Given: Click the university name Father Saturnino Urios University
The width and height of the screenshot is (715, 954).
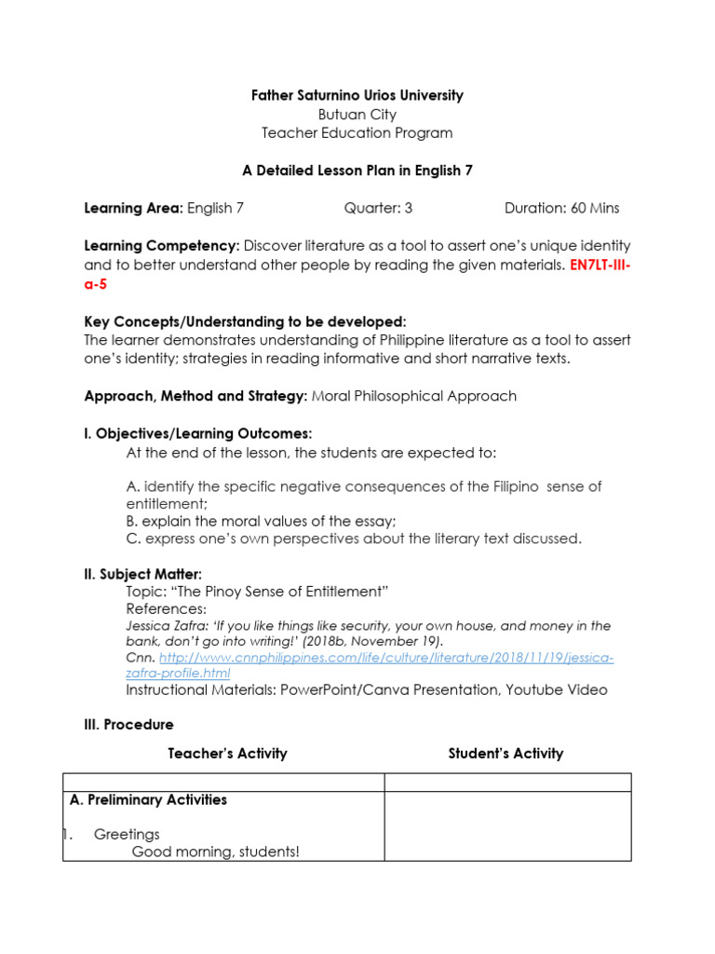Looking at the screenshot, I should pyautogui.click(x=357, y=96).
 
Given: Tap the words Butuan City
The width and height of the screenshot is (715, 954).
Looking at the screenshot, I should pyautogui.click(x=357, y=115).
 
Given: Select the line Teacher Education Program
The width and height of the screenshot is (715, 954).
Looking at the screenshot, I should pyautogui.click(x=357, y=133).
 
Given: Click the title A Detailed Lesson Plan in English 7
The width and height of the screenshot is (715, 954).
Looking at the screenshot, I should pyautogui.click(x=357, y=170).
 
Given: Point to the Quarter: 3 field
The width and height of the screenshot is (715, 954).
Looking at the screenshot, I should pyautogui.click(x=378, y=208).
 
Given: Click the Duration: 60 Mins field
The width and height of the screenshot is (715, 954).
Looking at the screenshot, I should pyautogui.click(x=561, y=208).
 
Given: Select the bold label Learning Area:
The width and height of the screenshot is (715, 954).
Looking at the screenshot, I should pyautogui.click(x=134, y=208).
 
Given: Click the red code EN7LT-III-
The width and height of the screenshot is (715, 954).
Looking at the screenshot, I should pyautogui.click(x=600, y=265).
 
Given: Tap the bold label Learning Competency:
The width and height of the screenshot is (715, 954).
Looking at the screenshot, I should pyautogui.click(x=162, y=246).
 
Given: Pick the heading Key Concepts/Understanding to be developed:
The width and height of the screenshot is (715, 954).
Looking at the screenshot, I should pyautogui.click(x=245, y=321).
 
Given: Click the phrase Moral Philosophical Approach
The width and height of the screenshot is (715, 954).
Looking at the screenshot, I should pyautogui.click(x=414, y=396).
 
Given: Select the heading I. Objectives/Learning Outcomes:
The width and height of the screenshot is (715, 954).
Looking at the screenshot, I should pyautogui.click(x=198, y=434).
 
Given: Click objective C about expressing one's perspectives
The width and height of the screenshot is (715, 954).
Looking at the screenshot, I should pyautogui.click(x=354, y=538).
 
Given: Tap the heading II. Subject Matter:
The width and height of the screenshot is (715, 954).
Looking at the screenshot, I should pyautogui.click(x=142, y=574).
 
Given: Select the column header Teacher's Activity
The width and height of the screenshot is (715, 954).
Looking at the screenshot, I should pyautogui.click(x=227, y=753).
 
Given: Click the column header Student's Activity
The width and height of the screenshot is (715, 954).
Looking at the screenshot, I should pyautogui.click(x=506, y=753).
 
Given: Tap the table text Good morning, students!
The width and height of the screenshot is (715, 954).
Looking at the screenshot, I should pyautogui.click(x=216, y=852).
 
